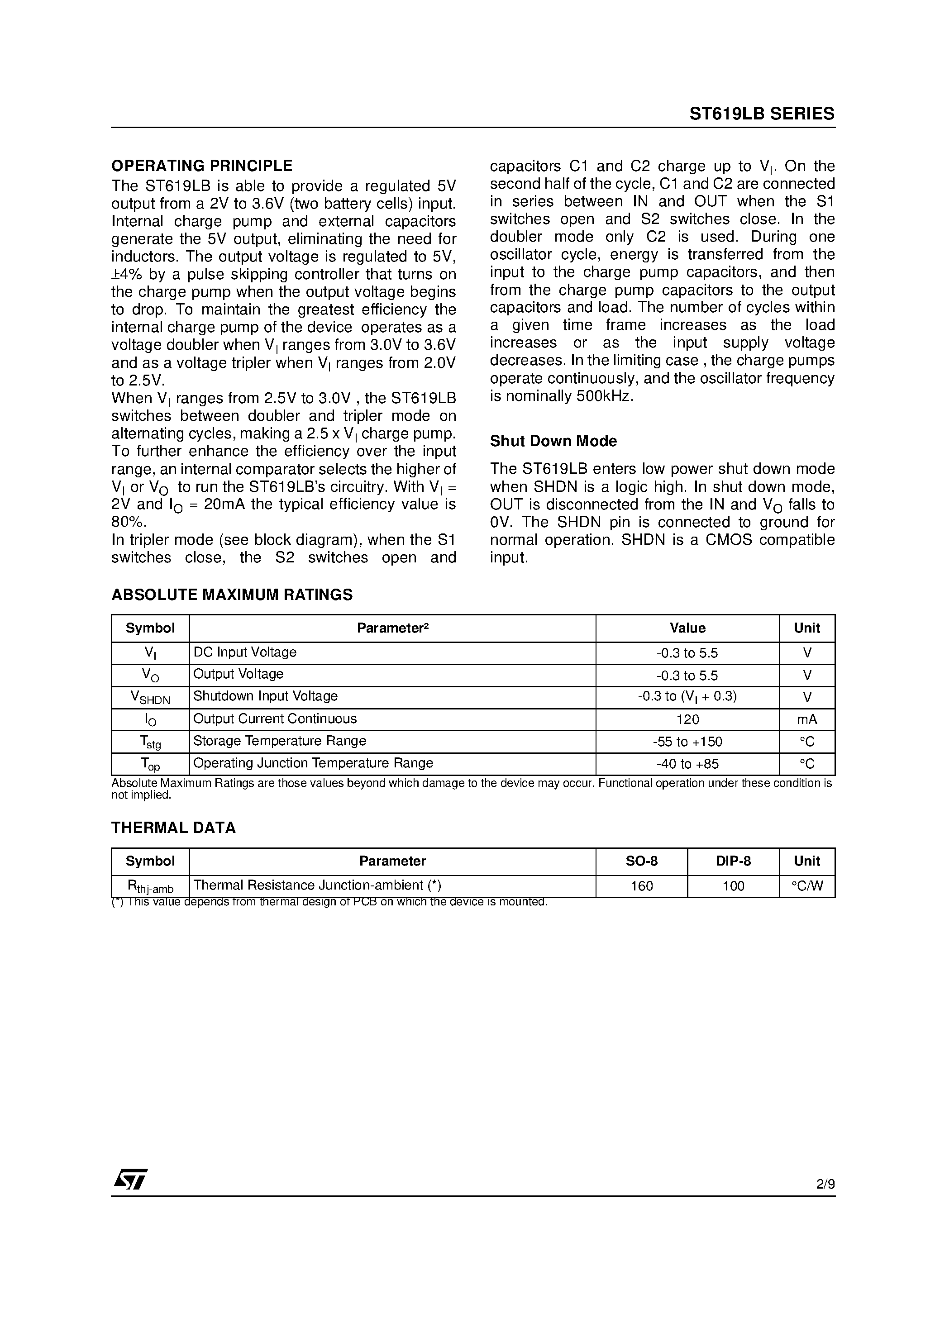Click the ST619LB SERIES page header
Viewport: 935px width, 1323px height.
click(x=762, y=114)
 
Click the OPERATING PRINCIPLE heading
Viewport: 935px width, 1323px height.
click(x=202, y=166)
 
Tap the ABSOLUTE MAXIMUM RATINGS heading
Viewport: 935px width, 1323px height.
click(x=232, y=595)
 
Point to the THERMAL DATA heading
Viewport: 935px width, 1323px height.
click(x=173, y=828)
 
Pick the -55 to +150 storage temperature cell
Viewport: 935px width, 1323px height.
click(x=687, y=742)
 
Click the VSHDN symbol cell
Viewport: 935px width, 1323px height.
click(x=150, y=697)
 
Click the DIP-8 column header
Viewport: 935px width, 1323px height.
click(x=733, y=861)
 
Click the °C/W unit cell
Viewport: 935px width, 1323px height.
click(x=806, y=885)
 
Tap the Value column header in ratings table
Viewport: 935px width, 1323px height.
click(x=687, y=628)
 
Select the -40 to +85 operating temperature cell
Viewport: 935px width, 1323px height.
click(x=687, y=764)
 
